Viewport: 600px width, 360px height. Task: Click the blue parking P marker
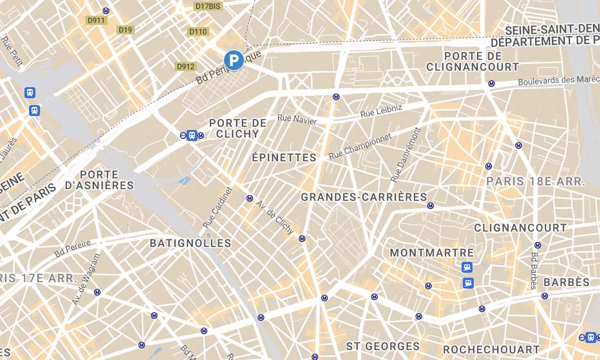click(234, 60)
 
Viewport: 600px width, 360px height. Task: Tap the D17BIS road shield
click(208, 6)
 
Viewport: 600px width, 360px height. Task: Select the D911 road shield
click(96, 20)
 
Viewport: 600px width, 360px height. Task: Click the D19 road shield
click(125, 30)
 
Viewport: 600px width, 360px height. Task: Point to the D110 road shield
click(198, 32)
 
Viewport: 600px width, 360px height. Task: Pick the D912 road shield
click(185, 67)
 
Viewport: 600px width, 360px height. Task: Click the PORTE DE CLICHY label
click(238, 128)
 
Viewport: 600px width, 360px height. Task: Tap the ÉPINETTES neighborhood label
click(284, 158)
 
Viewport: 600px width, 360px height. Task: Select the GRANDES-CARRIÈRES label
click(364, 197)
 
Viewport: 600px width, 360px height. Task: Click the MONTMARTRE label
click(432, 253)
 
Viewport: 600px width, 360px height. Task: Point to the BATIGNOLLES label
click(190, 243)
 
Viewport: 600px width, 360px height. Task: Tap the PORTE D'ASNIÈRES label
click(99, 180)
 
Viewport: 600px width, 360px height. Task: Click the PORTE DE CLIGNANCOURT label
click(473, 62)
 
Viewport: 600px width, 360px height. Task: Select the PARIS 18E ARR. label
click(536, 181)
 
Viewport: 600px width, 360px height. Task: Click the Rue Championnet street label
click(360, 146)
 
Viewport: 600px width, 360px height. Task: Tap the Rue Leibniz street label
click(381, 111)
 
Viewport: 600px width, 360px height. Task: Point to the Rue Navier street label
click(297, 119)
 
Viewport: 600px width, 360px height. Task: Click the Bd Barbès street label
click(534, 271)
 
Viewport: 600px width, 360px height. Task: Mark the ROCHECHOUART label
click(491, 349)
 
